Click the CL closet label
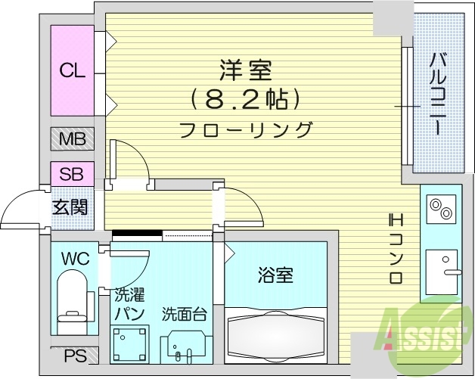(73, 71)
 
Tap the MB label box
(72, 139)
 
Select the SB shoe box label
(72, 172)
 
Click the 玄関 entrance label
(69, 206)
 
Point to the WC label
(76, 259)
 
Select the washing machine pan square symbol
(129, 343)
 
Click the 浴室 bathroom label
(275, 275)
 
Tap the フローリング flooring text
(246, 129)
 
